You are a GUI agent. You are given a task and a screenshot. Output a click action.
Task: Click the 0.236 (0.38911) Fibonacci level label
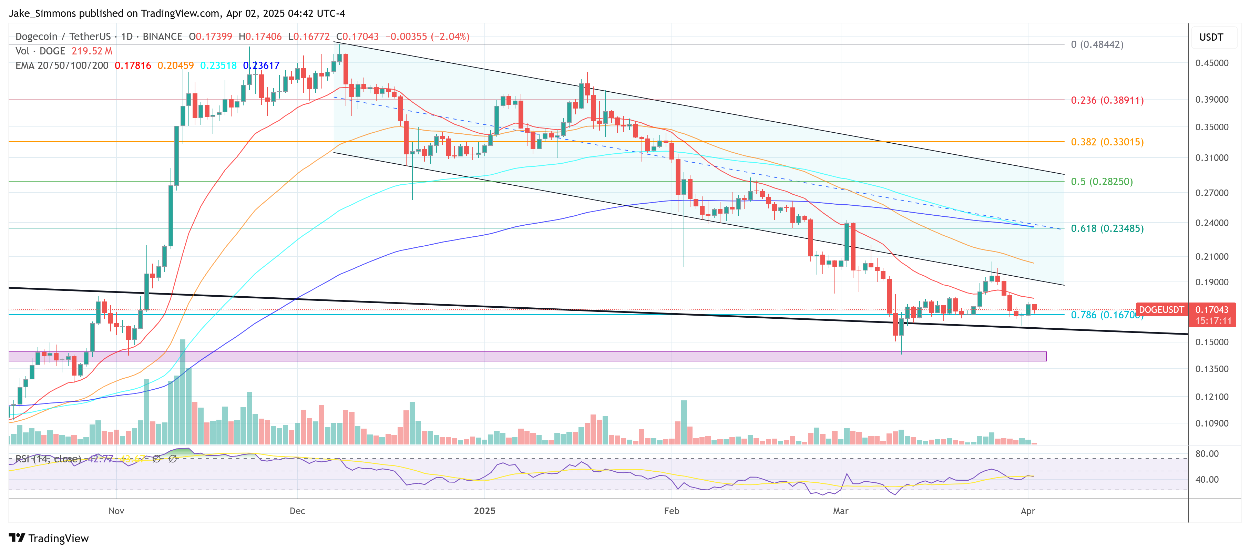[1107, 100]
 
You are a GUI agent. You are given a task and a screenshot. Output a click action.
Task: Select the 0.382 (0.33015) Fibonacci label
[1107, 142]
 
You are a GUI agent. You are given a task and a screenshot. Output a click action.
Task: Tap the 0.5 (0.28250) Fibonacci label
[1102, 182]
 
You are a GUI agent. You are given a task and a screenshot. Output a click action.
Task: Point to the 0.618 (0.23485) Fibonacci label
[1107, 228]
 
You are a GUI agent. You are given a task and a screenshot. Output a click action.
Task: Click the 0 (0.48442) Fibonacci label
[1097, 45]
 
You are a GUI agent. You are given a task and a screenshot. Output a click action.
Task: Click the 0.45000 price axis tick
[1212, 63]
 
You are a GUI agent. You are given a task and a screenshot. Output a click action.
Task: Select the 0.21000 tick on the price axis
[1212, 257]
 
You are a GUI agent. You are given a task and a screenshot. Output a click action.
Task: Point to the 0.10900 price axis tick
[1212, 423]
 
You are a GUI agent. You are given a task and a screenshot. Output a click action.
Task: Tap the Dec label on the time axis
[297, 511]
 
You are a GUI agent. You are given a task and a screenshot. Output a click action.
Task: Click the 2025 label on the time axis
[484, 511]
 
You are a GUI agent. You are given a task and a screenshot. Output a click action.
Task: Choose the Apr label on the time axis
[1028, 511]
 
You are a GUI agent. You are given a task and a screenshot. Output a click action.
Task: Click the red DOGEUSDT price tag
[1161, 309]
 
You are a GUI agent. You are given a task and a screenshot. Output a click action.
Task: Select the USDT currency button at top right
[1211, 37]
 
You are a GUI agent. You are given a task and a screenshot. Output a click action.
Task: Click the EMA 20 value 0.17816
[132, 65]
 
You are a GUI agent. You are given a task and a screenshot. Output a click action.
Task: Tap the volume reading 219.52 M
[92, 51]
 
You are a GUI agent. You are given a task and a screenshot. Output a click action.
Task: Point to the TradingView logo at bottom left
[49, 539]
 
